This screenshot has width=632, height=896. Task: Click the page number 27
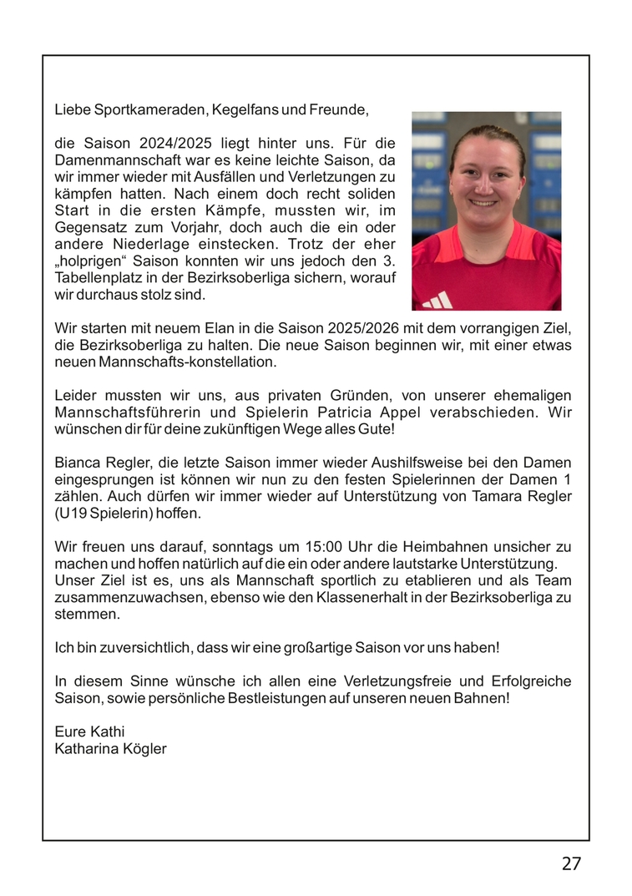click(571, 863)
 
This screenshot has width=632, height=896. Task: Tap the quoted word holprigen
click(94, 261)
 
